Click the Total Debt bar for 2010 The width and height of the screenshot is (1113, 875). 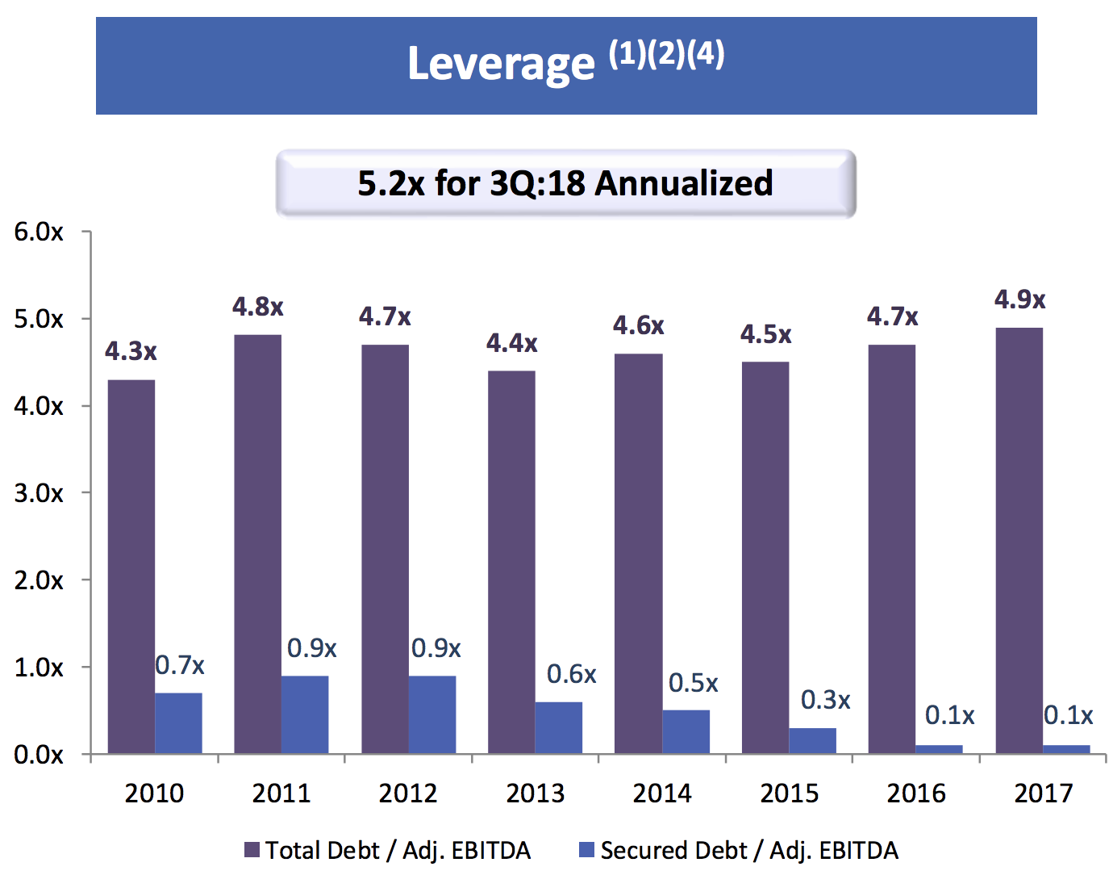(x=131, y=567)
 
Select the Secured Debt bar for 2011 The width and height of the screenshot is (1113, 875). (x=305, y=714)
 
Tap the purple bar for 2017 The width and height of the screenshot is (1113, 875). (x=1019, y=541)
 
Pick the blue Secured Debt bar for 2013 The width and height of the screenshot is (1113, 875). (x=559, y=728)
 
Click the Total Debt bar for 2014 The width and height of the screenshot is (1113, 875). (x=639, y=554)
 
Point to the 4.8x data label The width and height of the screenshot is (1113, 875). (x=257, y=307)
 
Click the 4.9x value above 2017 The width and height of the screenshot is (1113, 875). (x=1019, y=299)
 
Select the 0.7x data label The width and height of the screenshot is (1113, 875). (x=179, y=665)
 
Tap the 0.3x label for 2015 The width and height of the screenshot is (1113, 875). (x=825, y=700)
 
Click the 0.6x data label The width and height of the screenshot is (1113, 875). (x=571, y=673)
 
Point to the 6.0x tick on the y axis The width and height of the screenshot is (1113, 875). (x=39, y=232)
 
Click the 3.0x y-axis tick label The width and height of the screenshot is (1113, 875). (x=39, y=493)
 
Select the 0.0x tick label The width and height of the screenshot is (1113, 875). (x=39, y=755)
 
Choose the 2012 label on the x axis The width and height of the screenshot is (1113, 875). (x=408, y=793)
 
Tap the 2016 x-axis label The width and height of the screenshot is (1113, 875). (x=915, y=793)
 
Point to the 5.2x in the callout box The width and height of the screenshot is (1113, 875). (x=391, y=183)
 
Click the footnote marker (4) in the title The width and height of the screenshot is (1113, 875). (x=705, y=54)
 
